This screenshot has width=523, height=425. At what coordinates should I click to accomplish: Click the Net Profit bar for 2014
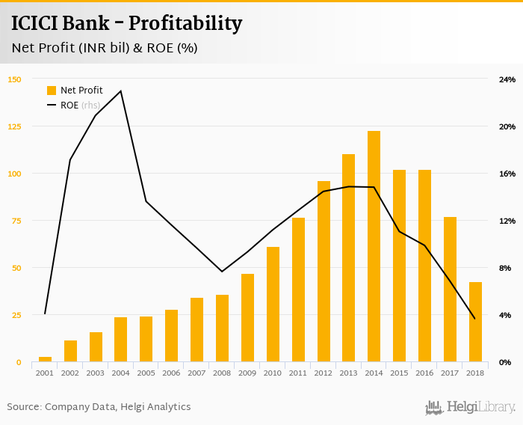pos(374,247)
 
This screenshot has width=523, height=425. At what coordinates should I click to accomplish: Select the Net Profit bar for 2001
pos(45,359)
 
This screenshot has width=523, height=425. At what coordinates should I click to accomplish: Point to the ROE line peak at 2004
pos(121,91)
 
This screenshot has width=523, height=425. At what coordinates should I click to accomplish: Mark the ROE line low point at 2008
pos(222,272)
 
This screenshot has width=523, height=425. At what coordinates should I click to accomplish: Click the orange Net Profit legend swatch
pos(52,91)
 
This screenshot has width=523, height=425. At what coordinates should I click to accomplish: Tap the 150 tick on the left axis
pos(15,79)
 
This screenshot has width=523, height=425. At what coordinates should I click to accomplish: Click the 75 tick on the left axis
pos(16,221)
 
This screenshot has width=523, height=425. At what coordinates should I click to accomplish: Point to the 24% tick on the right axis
pos(507,79)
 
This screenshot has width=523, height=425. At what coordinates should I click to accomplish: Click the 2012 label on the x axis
pos(324,373)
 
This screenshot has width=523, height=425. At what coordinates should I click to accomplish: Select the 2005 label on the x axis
pos(146,373)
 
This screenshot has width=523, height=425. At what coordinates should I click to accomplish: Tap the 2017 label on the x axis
pos(450,373)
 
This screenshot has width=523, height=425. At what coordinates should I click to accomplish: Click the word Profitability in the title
pos(185,24)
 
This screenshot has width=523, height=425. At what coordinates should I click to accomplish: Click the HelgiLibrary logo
pos(471,407)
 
